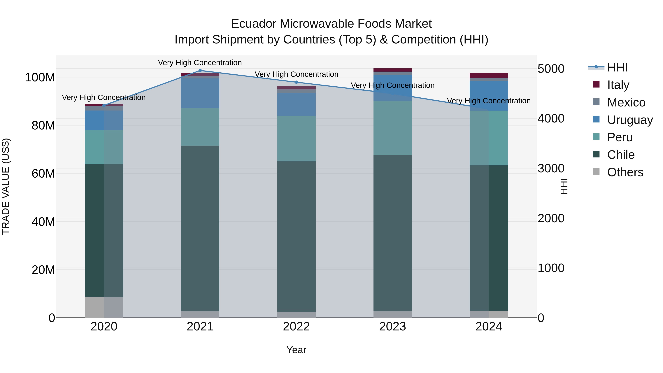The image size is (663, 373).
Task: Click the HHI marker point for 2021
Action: point(200,71)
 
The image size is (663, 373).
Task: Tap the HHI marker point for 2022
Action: point(296,82)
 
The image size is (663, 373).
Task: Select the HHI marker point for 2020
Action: point(104,105)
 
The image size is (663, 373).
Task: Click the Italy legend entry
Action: point(618,85)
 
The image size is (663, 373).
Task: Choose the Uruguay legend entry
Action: point(629,120)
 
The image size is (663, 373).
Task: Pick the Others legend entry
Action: point(625,172)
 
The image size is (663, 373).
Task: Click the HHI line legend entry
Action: point(617,67)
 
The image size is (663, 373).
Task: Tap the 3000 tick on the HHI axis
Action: point(551,168)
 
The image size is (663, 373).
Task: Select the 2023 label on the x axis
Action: point(392,327)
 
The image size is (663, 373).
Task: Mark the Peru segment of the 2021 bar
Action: point(200,127)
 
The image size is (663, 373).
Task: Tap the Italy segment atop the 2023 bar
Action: point(392,70)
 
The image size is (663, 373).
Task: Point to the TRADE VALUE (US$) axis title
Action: point(6,186)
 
